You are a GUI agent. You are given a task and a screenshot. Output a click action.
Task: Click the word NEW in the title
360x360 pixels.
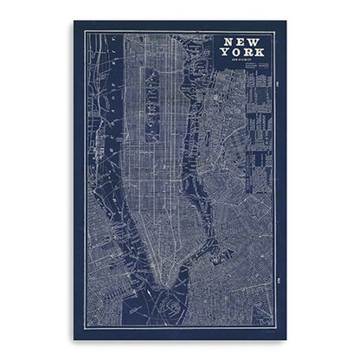(x=239, y=42)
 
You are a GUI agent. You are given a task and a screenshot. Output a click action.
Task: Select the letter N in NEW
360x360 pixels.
(x=228, y=42)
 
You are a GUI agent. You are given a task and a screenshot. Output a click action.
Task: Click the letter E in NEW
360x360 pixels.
(x=239, y=42)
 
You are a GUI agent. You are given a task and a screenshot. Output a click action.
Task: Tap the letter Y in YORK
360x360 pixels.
(x=224, y=54)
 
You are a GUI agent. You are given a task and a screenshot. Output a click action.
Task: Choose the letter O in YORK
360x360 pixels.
(x=235, y=54)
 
